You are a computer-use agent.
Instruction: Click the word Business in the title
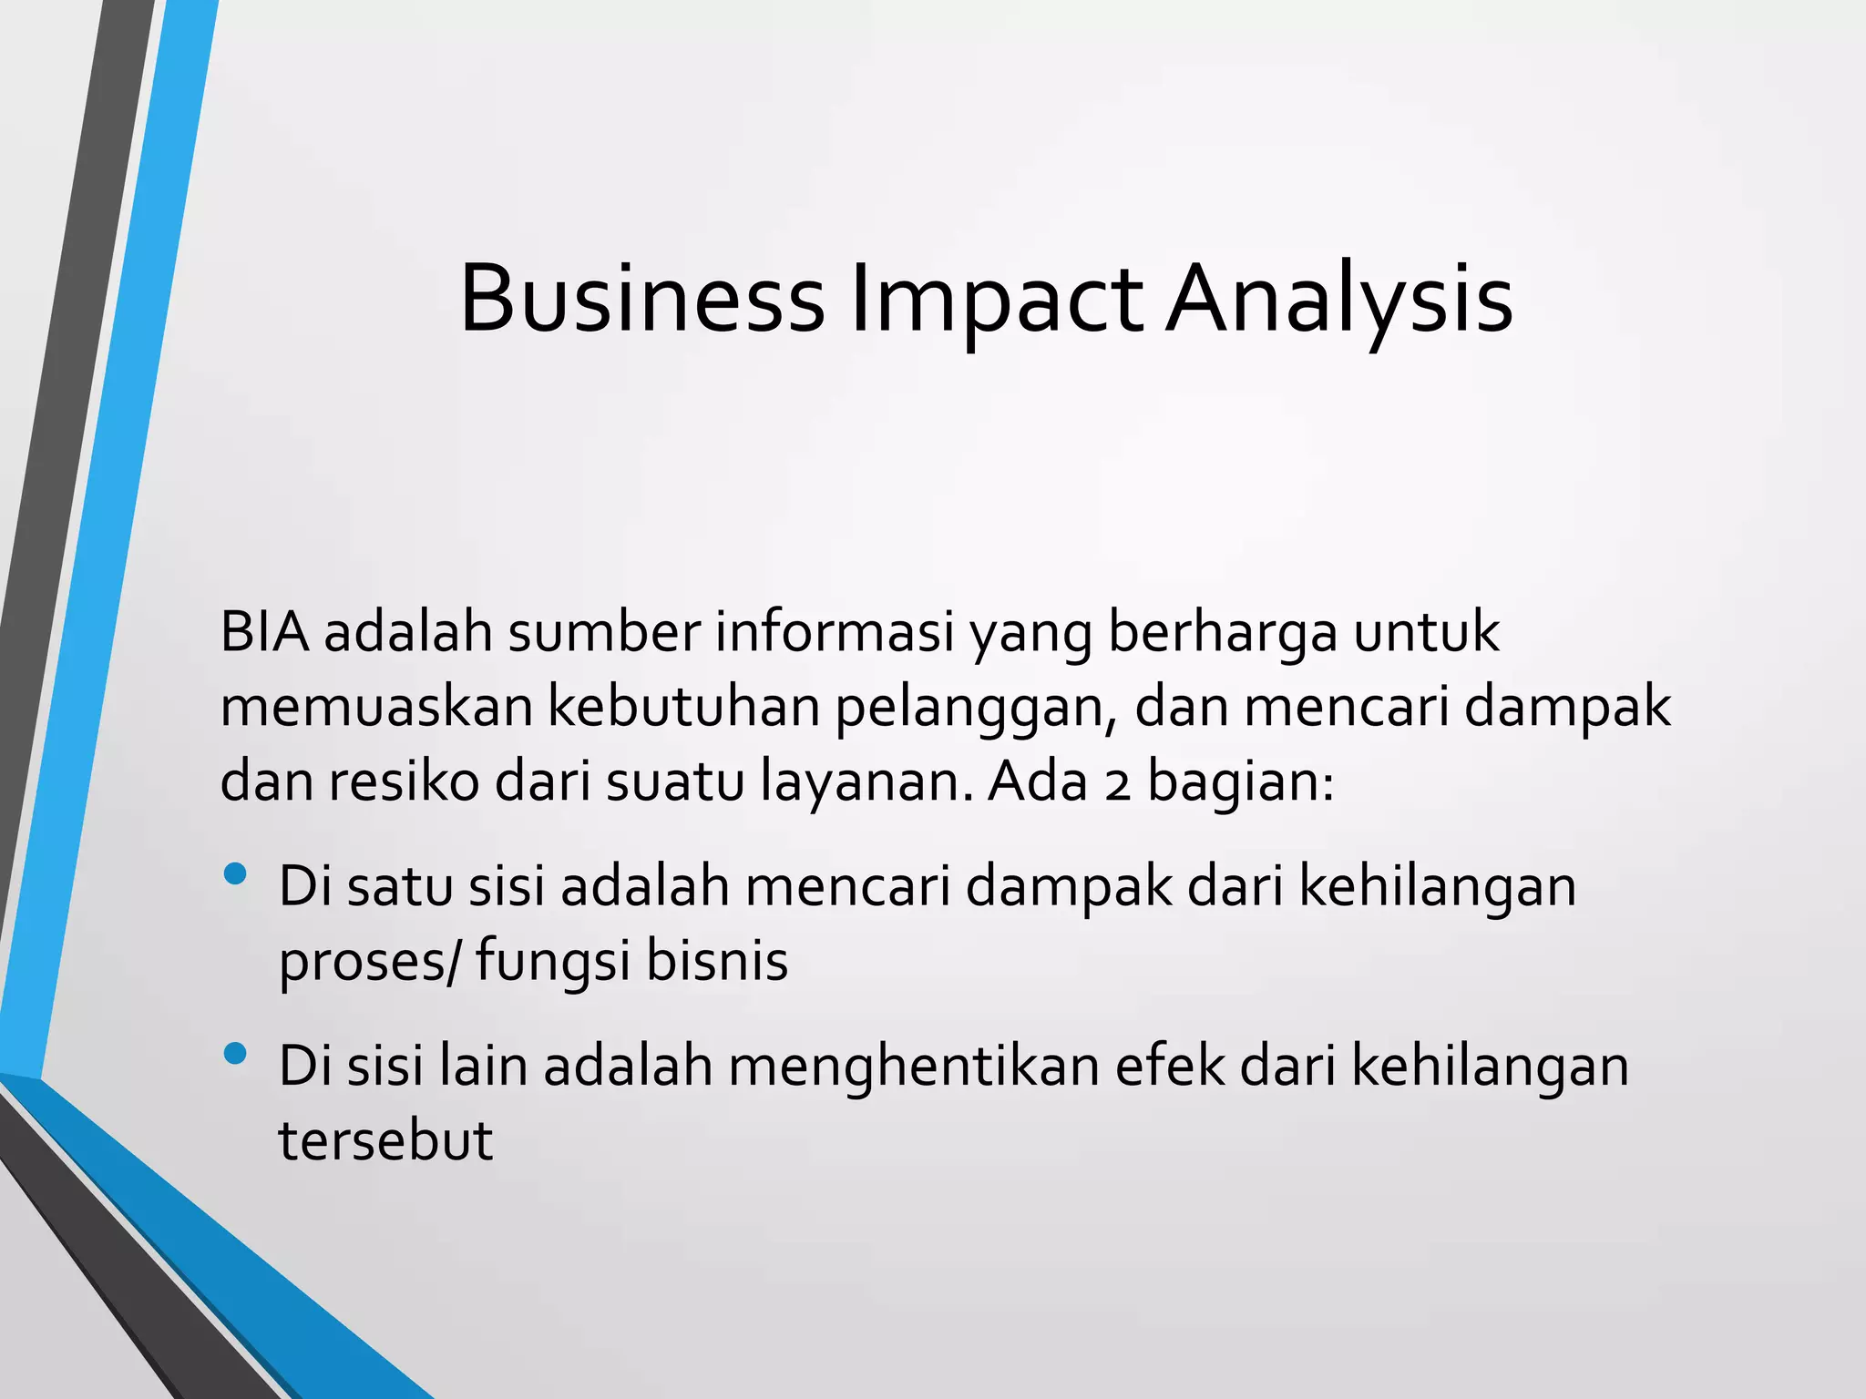click(x=641, y=300)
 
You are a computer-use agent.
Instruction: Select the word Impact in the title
click(x=995, y=300)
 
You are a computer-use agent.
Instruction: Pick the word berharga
click(x=1222, y=634)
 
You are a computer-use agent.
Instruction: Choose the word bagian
click(x=1240, y=783)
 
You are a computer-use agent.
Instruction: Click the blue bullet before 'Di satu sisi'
click(x=235, y=874)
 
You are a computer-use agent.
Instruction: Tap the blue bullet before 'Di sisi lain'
click(x=235, y=1055)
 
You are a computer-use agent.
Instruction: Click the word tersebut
click(x=385, y=1140)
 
